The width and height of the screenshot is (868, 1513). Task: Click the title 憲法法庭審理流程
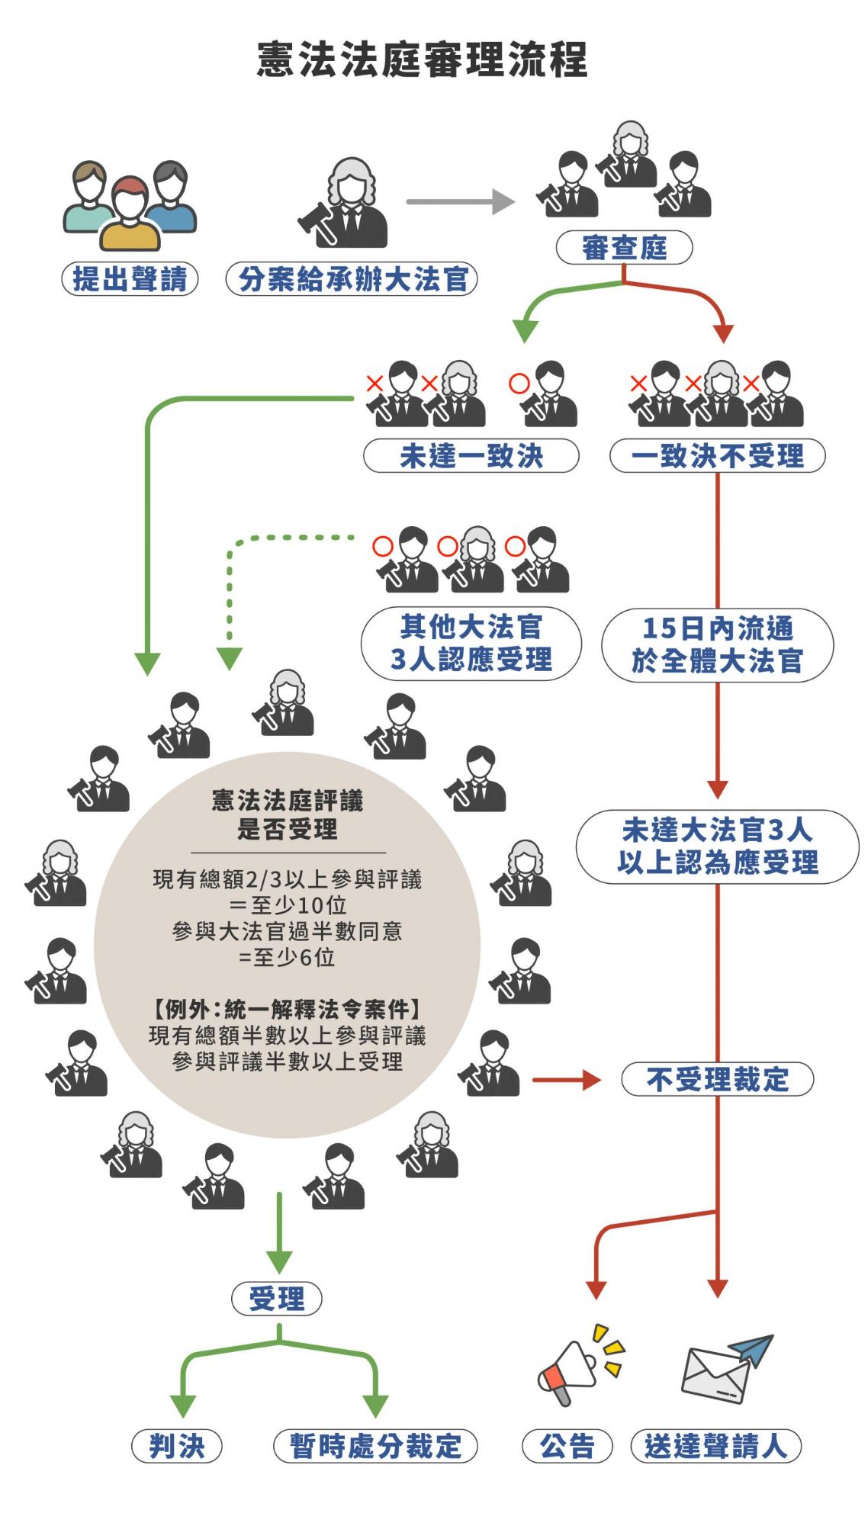click(x=422, y=59)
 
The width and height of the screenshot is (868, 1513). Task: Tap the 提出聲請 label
click(x=130, y=279)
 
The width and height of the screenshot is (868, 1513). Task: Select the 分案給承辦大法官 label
click(x=352, y=279)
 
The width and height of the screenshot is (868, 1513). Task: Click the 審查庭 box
click(x=624, y=248)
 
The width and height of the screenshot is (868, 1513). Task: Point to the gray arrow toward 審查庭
click(x=460, y=202)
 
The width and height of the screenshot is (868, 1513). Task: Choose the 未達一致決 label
click(x=471, y=456)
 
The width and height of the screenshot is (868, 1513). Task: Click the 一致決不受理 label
click(x=717, y=456)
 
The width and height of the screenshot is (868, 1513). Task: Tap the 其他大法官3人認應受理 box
click(x=471, y=643)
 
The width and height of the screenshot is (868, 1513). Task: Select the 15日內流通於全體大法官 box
click(x=717, y=644)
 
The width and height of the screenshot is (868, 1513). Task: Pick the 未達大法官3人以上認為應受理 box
click(x=717, y=846)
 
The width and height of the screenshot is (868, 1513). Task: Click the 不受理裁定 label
click(x=717, y=1079)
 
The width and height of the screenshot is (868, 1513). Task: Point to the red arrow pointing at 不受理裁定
click(x=566, y=1079)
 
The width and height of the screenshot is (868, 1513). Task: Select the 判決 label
click(x=177, y=1446)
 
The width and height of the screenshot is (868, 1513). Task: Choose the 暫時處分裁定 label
click(x=375, y=1446)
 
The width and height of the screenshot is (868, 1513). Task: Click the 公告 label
click(x=567, y=1446)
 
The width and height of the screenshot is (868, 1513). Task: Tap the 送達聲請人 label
click(x=715, y=1446)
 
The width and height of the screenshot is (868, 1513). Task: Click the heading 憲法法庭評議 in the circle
click(x=287, y=801)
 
